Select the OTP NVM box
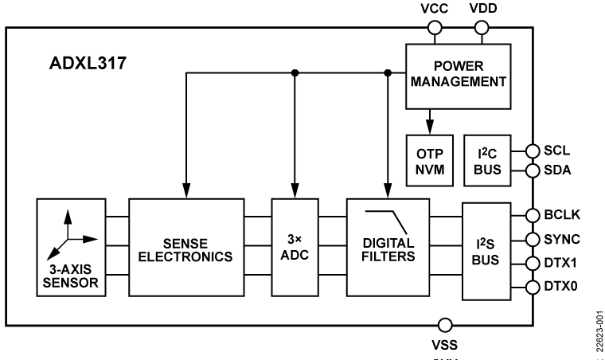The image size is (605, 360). point(429,158)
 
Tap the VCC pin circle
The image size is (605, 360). point(435,29)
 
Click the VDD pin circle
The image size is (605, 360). point(482,29)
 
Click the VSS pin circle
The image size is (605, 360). point(446,325)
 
